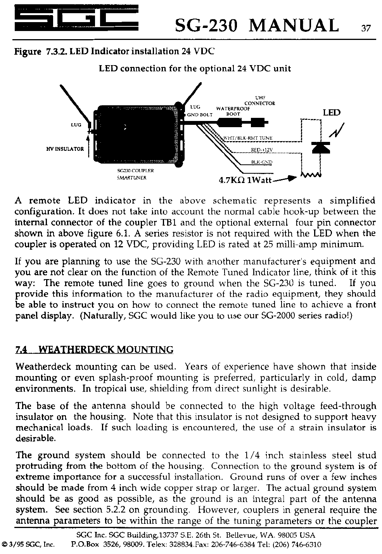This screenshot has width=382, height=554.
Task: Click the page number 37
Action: pyautogui.click(x=366, y=29)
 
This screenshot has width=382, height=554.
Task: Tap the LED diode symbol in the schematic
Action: pyautogui.click(x=321, y=148)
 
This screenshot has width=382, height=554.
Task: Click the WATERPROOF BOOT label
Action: pyautogui.click(x=233, y=111)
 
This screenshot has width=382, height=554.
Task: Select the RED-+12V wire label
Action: pyautogui.click(x=259, y=150)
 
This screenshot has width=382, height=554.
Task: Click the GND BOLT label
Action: pyautogui.click(x=200, y=115)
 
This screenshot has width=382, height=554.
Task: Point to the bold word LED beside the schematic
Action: pyautogui.click(x=331, y=113)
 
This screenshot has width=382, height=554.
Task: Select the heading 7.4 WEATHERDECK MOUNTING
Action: pyautogui.click(x=94, y=350)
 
